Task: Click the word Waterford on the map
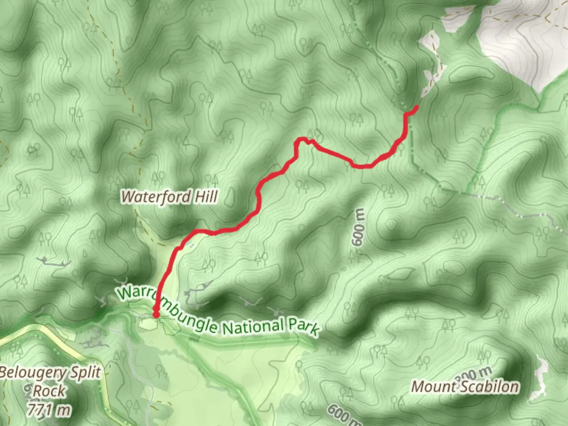coord(157,196)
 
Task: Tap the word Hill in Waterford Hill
coord(205,196)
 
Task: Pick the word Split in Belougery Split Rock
coord(85,372)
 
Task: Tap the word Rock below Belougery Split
coord(49,391)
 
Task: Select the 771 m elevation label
coord(49,410)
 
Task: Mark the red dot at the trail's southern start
coord(156,314)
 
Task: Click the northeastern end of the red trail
coord(417,106)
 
